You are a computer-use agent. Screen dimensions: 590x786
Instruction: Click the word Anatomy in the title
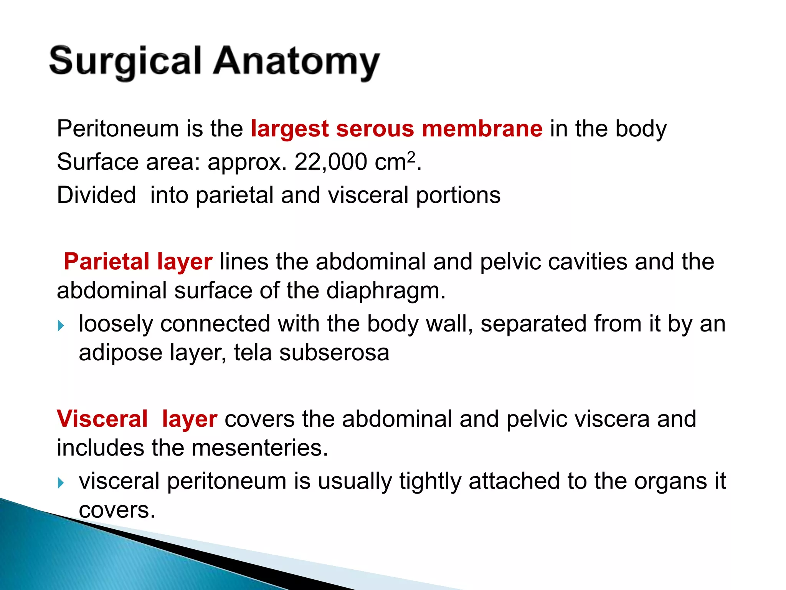[x=296, y=61]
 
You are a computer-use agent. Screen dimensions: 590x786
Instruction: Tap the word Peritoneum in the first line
[x=117, y=128]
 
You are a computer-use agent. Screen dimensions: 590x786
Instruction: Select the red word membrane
[x=482, y=128]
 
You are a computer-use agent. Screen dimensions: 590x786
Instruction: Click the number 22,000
[x=330, y=162]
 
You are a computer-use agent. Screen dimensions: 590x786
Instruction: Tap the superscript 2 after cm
[x=411, y=156]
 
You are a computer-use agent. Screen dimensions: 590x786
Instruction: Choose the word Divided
[x=96, y=195]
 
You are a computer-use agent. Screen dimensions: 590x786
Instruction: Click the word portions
[x=458, y=196]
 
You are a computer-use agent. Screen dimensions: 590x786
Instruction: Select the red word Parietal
[x=106, y=262]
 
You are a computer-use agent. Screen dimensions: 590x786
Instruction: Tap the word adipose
[x=121, y=353]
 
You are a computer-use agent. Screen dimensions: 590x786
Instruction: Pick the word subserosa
[x=334, y=353]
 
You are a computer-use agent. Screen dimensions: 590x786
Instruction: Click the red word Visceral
[x=102, y=419]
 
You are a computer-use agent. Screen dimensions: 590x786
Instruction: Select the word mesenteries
[x=259, y=448]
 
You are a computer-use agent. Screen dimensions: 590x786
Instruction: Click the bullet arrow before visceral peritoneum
[x=61, y=483]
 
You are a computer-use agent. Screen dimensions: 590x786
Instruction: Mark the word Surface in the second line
[x=97, y=162]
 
